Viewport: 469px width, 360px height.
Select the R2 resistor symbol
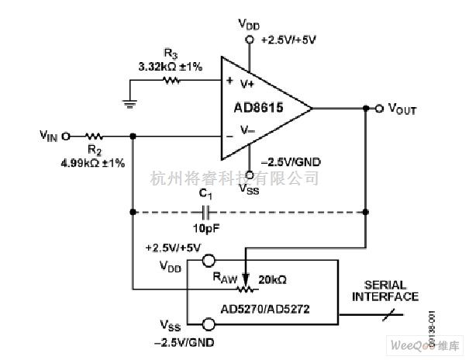[x=95, y=136]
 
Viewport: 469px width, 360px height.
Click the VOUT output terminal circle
[x=380, y=109]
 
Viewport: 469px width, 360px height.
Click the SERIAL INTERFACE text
[x=385, y=291]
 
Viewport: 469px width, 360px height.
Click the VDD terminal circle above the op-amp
[x=250, y=38]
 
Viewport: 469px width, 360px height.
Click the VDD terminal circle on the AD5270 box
[x=209, y=261]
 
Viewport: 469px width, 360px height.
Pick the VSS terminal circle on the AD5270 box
[x=209, y=326]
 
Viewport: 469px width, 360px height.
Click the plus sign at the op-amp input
[x=229, y=79]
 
